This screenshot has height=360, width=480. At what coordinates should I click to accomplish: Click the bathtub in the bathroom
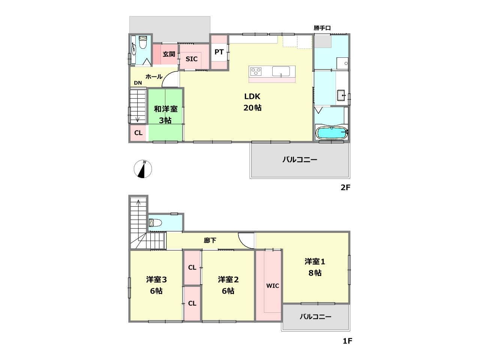(x=331, y=133)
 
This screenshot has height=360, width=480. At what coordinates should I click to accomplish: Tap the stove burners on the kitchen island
(x=256, y=72)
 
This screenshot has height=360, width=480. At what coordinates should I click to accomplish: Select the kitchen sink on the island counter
(x=281, y=72)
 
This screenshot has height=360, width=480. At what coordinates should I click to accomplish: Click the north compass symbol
(x=143, y=169)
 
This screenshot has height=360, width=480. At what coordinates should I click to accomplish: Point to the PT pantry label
(x=219, y=52)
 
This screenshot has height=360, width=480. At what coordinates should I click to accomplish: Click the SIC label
(x=191, y=59)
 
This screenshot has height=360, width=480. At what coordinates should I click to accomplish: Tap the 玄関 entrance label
(x=169, y=54)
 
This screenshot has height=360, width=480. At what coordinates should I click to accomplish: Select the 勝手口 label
(x=322, y=28)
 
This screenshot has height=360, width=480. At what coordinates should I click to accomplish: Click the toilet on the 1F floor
(x=155, y=223)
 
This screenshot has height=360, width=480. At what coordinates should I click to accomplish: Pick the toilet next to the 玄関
(x=143, y=42)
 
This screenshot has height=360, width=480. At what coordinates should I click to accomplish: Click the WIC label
(x=273, y=286)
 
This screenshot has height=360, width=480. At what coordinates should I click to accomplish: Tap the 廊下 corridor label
(x=210, y=240)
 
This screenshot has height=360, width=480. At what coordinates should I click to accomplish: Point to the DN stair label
(x=138, y=83)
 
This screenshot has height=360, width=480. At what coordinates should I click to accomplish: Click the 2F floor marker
(x=345, y=187)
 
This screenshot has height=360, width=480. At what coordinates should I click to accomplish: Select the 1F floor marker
(x=347, y=341)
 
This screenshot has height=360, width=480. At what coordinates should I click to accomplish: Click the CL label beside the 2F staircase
(x=138, y=133)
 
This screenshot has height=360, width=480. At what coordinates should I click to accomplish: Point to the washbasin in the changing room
(x=341, y=95)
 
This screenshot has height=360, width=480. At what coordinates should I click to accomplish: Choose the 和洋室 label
(x=165, y=109)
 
